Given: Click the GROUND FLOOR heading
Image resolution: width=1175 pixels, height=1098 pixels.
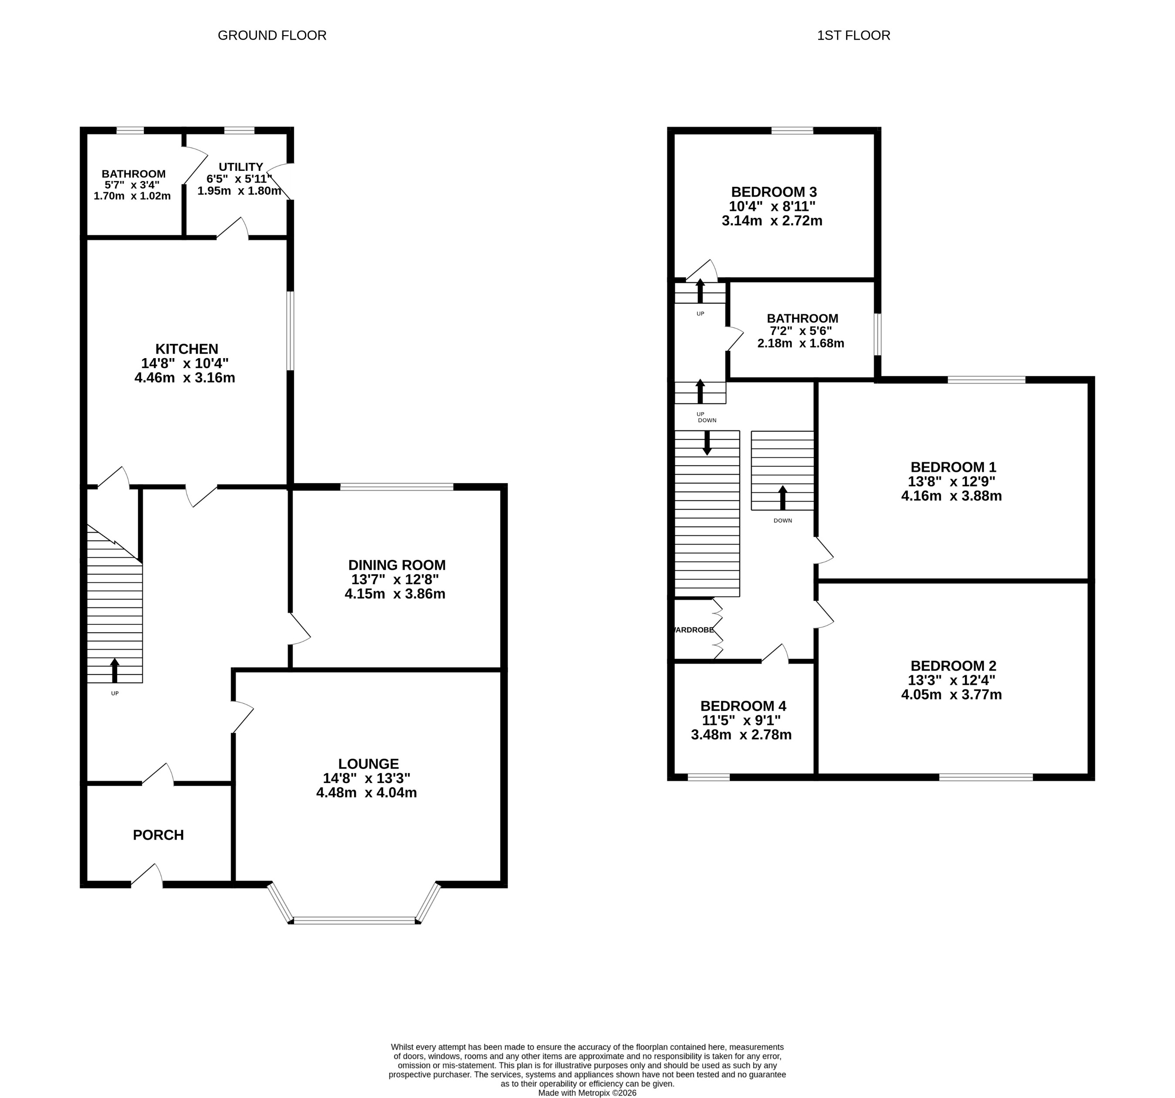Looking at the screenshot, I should click(272, 35).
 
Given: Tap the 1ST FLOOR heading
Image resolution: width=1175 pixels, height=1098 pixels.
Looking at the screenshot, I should click(853, 35).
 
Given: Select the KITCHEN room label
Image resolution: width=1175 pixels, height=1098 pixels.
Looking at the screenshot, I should click(187, 349).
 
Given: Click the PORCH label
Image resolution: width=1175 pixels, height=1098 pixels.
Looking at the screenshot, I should click(159, 834).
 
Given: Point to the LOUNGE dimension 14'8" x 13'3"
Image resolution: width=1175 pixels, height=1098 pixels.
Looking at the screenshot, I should click(366, 778).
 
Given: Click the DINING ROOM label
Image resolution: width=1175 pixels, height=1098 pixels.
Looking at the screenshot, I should click(396, 565).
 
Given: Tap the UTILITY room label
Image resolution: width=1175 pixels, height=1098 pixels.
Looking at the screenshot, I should click(240, 166).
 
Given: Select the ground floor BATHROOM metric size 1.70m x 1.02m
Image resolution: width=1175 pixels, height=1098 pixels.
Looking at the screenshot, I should click(132, 196).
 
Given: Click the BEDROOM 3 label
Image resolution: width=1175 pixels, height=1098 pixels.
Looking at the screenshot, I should click(774, 192).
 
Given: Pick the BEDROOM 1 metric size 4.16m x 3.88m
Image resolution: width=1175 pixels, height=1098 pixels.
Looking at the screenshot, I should click(951, 496).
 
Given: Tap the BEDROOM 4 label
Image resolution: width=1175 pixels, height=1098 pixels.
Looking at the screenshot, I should click(743, 706).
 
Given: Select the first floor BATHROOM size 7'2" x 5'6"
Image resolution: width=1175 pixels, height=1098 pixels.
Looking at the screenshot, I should click(802, 331).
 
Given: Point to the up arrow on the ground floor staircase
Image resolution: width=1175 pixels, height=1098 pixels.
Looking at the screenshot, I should click(115, 670).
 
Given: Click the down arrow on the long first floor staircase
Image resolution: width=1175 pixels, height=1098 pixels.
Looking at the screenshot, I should click(707, 443).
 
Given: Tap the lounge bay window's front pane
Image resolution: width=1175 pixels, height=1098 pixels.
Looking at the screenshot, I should click(355, 920).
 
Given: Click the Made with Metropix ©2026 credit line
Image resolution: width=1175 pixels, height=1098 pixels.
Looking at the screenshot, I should click(587, 1093).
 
